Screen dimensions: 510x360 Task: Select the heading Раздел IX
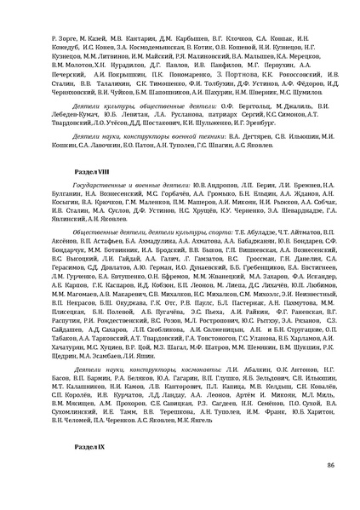point(84,446)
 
